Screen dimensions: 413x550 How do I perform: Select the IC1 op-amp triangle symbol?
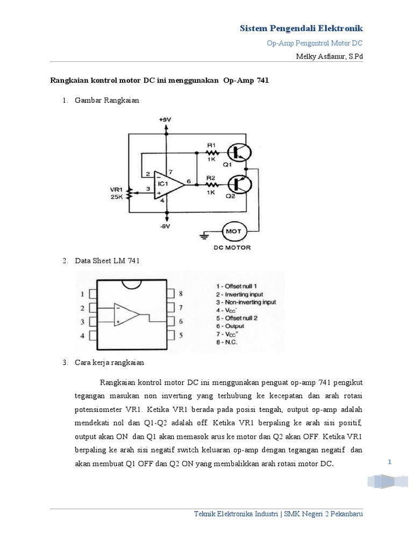pos(167,183)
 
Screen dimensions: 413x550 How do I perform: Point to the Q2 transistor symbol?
pos(239,184)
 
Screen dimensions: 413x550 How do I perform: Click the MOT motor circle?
pos(234,231)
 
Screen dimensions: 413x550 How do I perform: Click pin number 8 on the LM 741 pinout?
pos(181,294)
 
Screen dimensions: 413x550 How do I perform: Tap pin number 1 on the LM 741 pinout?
pos(82,294)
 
